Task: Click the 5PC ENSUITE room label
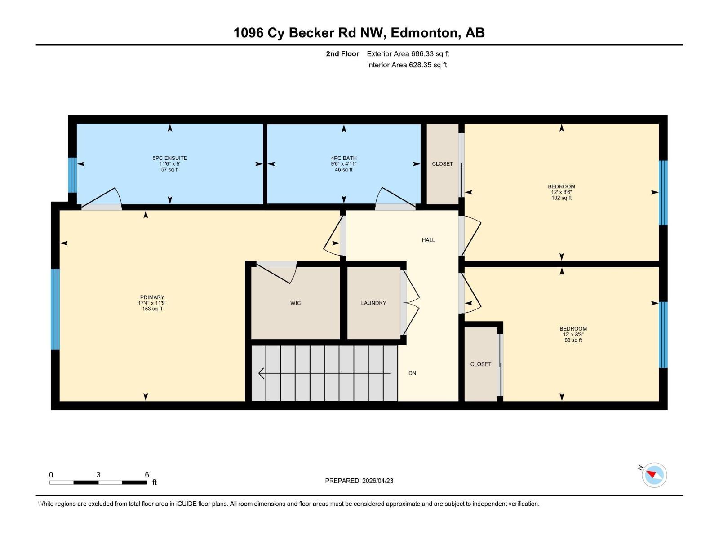click(170, 158)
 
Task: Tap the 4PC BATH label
click(344, 158)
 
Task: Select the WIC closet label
click(295, 303)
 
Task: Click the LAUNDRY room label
click(373, 303)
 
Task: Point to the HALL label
click(428, 240)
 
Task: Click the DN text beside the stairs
click(412, 373)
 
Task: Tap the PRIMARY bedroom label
click(152, 297)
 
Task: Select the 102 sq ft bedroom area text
click(561, 198)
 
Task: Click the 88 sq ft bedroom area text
click(573, 340)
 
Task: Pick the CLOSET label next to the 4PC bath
click(442, 164)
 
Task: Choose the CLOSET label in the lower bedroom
click(480, 364)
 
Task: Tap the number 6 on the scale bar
click(147, 475)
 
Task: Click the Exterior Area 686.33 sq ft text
click(408, 54)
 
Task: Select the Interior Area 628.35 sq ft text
click(406, 65)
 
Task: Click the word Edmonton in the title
click(425, 33)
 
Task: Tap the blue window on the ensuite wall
click(72, 175)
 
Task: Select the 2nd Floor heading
click(342, 54)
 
